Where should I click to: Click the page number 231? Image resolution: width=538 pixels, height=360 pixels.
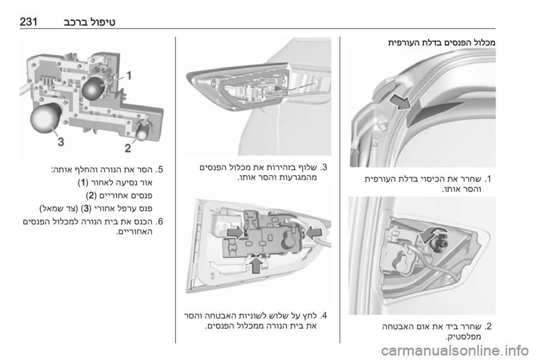29,22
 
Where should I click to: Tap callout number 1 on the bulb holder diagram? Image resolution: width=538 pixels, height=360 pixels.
129,75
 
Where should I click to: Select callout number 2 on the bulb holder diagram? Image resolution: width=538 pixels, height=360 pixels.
128,148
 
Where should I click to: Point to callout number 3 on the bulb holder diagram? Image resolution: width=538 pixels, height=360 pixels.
61,141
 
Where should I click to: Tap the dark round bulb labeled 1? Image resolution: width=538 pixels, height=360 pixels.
94,88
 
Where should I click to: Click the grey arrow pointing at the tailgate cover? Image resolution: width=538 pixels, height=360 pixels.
400,102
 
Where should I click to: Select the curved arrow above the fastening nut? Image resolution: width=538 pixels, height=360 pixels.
433,235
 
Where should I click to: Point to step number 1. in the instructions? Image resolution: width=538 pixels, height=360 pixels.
488,179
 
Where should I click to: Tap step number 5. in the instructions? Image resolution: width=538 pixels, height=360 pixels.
159,169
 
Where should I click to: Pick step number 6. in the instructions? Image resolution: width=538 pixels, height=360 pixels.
159,221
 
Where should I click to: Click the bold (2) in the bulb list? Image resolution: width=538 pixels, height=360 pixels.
91,196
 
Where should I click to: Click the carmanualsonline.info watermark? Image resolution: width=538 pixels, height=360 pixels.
455,350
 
